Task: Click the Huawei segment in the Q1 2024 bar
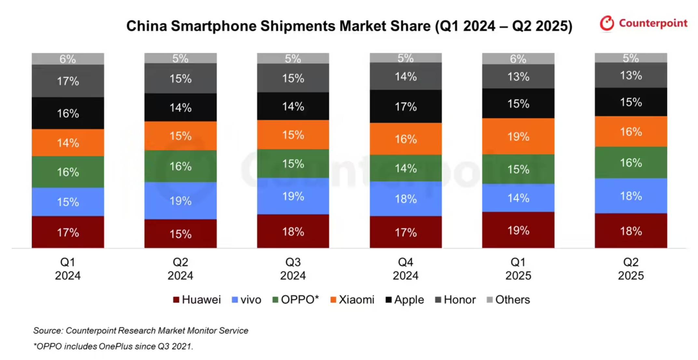point(68,232)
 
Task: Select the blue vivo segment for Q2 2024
point(180,201)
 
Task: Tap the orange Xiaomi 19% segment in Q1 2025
point(518,136)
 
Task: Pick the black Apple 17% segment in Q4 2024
point(405,106)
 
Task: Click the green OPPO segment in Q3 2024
point(293,164)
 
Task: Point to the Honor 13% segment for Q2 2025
point(631,75)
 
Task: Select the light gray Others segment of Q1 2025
point(518,59)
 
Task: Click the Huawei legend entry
point(197,300)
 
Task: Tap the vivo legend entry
point(246,300)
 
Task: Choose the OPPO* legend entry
point(295,300)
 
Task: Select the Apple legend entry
point(404,300)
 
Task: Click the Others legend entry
point(508,300)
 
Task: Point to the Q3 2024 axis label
point(293,269)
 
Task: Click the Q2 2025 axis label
point(631,269)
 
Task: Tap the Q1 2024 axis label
point(68,269)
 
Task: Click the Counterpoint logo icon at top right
point(607,23)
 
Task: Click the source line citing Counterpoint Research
point(141,330)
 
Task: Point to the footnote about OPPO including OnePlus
point(113,346)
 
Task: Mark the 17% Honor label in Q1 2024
point(68,81)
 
